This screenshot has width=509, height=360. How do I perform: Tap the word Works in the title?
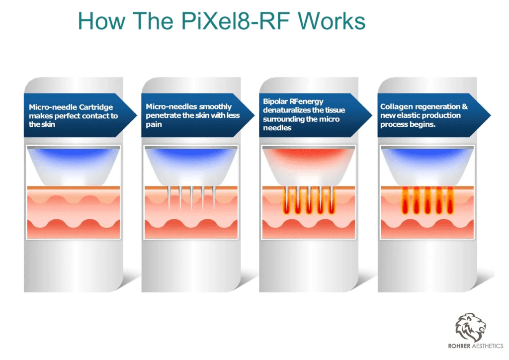[x=332, y=21]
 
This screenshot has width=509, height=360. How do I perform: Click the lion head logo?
[x=471, y=328]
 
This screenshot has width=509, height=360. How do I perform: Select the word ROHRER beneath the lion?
[x=459, y=346]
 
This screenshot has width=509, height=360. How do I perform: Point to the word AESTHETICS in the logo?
[x=488, y=346]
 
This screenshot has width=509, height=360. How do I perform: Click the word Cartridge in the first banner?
[x=96, y=107]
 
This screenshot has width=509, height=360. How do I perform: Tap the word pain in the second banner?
[x=154, y=125]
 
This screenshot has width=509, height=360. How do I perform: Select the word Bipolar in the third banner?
[x=275, y=101]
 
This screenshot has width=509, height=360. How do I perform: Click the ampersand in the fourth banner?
[x=465, y=106]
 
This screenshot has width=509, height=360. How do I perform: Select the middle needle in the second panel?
[x=191, y=198]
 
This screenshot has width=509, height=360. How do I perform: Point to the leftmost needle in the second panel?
[x=169, y=198]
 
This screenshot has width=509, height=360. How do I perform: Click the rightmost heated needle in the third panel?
[x=332, y=200]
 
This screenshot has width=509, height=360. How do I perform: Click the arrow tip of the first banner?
[x=137, y=115]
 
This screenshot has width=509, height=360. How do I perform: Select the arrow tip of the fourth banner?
[x=491, y=115]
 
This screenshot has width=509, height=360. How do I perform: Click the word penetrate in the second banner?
[x=161, y=116]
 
